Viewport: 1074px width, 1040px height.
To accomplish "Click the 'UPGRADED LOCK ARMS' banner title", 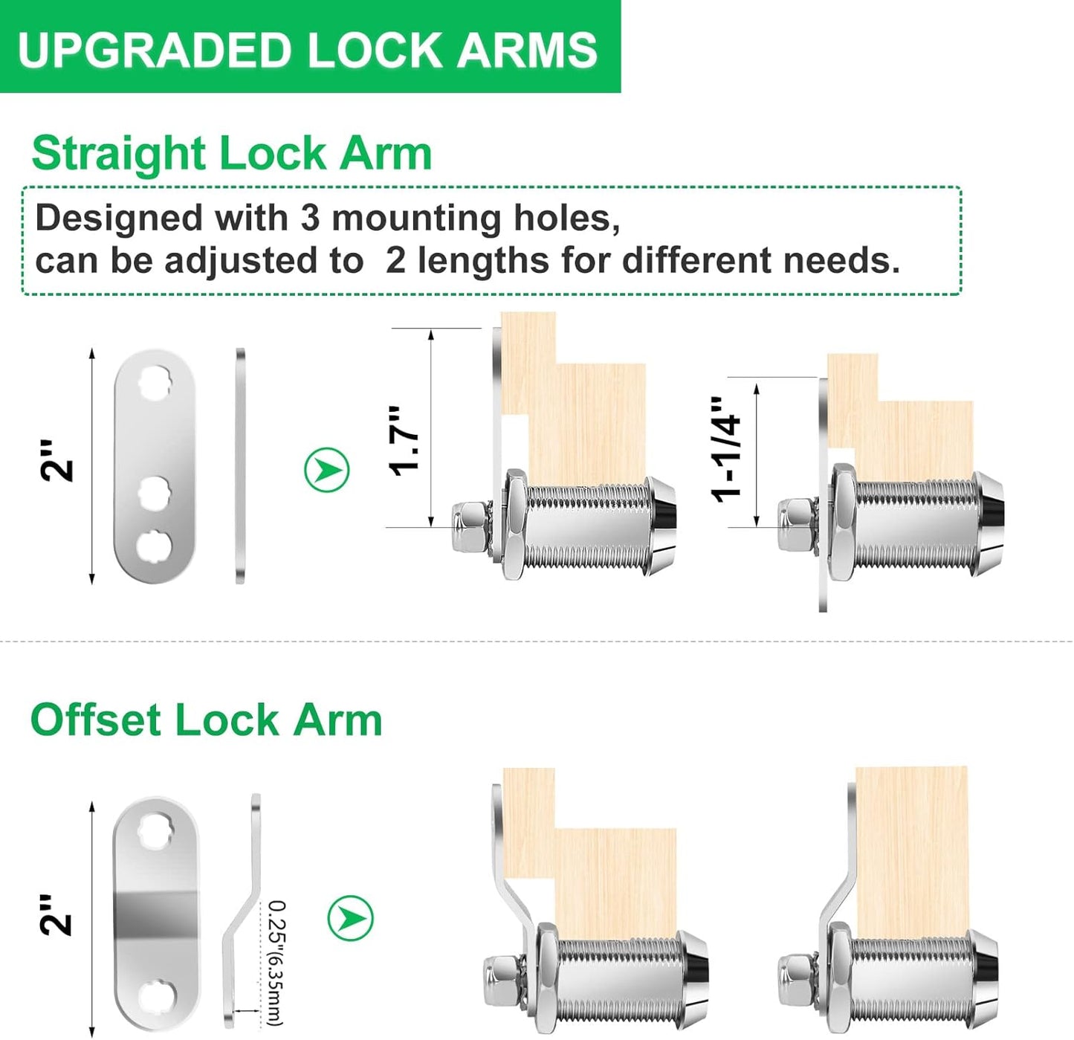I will (307, 50).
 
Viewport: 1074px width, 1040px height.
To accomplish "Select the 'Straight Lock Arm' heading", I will (231, 154).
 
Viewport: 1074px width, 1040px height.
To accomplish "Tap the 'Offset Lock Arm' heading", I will (206, 720).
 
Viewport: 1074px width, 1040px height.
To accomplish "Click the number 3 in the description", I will (310, 219).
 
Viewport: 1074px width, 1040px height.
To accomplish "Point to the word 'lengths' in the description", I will (482, 261).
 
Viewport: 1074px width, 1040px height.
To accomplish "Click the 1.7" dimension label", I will (405, 440).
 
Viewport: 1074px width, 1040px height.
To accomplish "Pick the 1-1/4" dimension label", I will (727, 449).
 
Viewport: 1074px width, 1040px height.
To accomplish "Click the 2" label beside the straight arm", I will (57, 460).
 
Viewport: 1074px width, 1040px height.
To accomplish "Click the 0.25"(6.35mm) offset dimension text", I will (276, 963).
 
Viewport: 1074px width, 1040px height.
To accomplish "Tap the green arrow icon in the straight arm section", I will (326, 470).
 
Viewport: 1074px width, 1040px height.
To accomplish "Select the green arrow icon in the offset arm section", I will (350, 918).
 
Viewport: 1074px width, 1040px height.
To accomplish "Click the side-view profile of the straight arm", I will (240, 465).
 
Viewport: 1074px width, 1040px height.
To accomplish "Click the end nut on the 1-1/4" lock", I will (795, 525).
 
